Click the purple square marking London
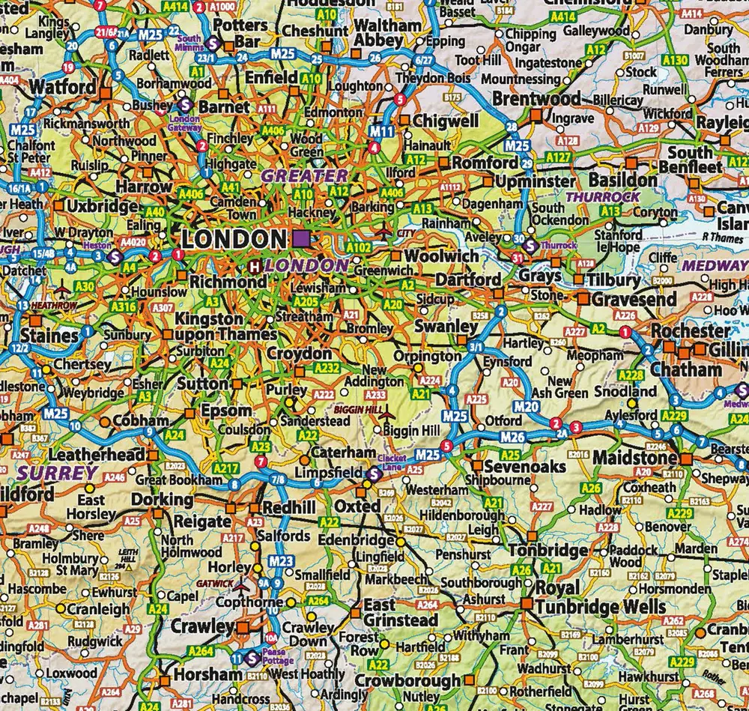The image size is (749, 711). pos(302,239)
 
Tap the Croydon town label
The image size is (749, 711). pos(300,353)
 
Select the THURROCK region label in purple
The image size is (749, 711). pos(603,196)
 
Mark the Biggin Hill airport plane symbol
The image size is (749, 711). pos(386,414)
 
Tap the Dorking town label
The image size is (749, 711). pos(163,500)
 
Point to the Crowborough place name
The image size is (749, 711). pos(407,681)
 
